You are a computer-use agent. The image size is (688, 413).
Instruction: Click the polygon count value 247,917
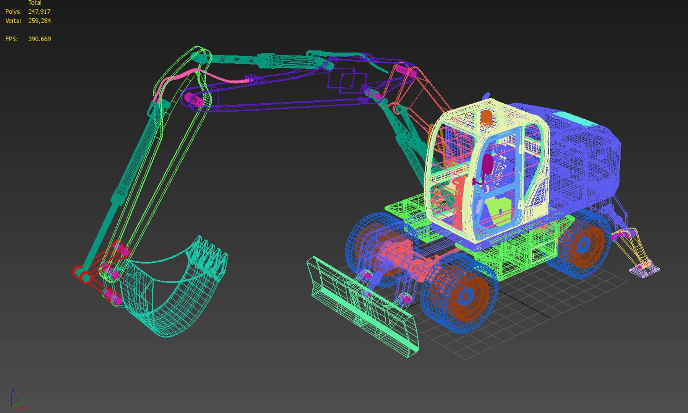pyautogui.click(x=39, y=12)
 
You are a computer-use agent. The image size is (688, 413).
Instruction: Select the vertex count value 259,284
pyautogui.click(x=39, y=21)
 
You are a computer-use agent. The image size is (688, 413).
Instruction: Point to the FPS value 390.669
pyautogui.click(x=39, y=39)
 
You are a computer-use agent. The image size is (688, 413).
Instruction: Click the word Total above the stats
pyautogui.click(x=35, y=3)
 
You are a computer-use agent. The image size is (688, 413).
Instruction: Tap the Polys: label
pyautogui.click(x=13, y=12)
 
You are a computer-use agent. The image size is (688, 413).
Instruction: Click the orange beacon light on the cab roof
pyautogui.click(x=486, y=118)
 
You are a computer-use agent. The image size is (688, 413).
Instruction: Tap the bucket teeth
pyautogui.click(x=208, y=254)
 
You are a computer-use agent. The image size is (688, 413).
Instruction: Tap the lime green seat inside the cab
pyautogui.click(x=499, y=210)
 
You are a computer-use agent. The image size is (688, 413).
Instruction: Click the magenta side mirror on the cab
pyautogui.click(x=488, y=165)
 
